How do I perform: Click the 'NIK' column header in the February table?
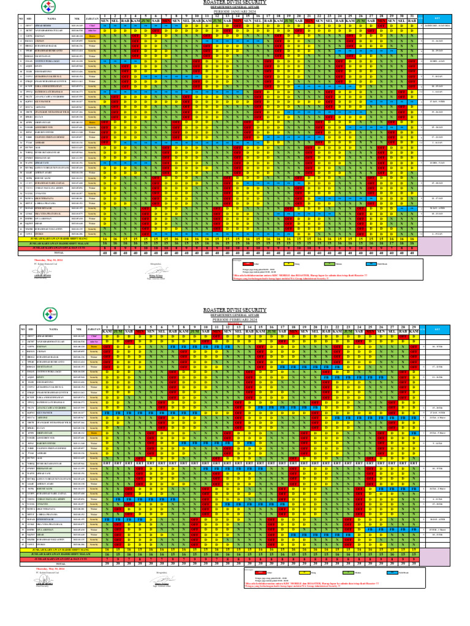78,329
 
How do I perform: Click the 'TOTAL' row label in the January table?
59,251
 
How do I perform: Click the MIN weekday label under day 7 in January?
167,21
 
